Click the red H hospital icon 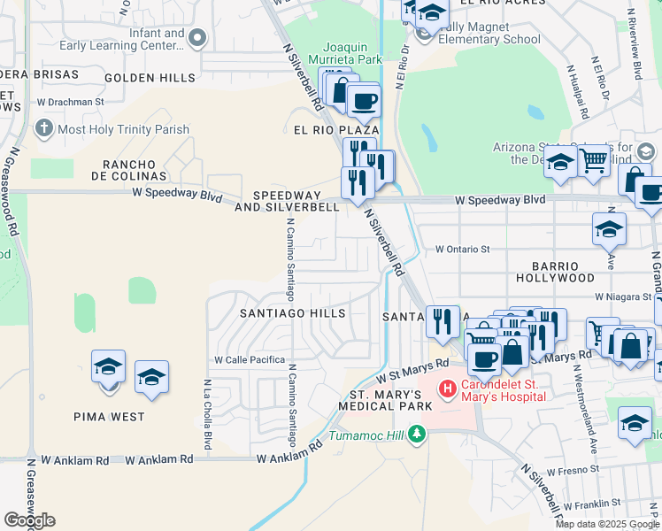tap(448, 387)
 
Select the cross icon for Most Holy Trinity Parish tap(43, 129)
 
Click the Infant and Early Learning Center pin tap(196, 38)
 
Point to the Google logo tap(29, 520)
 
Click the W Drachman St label tap(71, 102)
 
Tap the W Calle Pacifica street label tap(250, 360)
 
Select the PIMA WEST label tap(110, 415)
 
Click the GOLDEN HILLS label tap(150, 78)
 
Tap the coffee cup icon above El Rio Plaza tap(363, 102)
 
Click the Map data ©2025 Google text tap(607, 524)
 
